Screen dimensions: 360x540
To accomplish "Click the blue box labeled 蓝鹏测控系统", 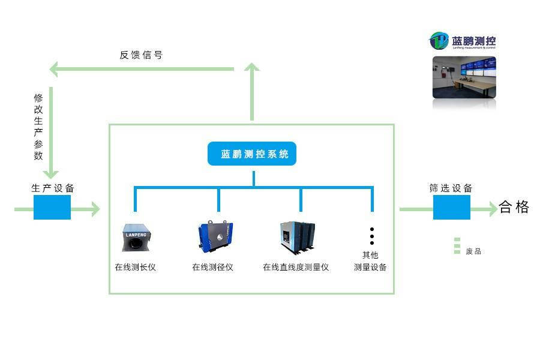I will (252, 154).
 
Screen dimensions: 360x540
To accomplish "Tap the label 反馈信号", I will (141, 55).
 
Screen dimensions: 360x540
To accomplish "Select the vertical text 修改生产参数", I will (38, 127).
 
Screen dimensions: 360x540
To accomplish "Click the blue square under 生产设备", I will (52, 207).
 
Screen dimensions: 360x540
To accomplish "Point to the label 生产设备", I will (53, 188).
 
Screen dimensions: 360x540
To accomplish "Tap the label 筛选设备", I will (451, 188).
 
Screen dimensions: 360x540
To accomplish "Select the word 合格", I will (514, 208).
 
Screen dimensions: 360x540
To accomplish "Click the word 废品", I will (473, 251).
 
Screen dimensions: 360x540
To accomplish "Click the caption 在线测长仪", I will (135, 267).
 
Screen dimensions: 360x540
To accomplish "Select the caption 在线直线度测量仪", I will (296, 267).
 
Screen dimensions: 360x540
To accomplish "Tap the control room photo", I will (464, 77).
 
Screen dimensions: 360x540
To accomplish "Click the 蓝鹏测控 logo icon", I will (439, 41).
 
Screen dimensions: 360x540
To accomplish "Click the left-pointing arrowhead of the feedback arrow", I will (55, 70).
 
